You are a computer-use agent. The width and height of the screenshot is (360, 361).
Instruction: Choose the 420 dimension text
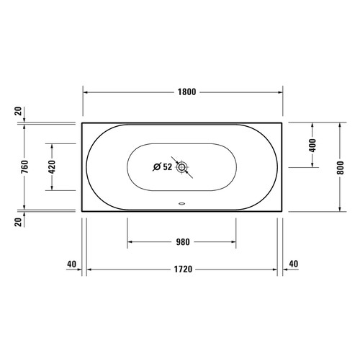tap(51, 167)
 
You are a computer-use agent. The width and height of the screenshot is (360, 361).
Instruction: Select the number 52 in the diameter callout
tap(167, 167)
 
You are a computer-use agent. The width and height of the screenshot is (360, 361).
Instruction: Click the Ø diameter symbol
tap(157, 167)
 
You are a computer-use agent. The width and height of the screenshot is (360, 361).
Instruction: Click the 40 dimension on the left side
tap(71, 264)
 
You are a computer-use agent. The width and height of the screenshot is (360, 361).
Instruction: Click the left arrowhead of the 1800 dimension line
tap(86, 93)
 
